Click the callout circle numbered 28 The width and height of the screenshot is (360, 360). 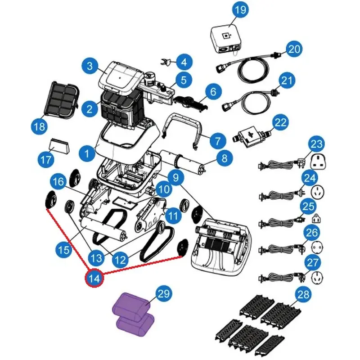click(x=304, y=295)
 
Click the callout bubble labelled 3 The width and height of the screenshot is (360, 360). click(x=90, y=67)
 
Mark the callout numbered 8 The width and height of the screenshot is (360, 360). click(x=225, y=157)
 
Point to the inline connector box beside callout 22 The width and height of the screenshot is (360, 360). click(x=250, y=134)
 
